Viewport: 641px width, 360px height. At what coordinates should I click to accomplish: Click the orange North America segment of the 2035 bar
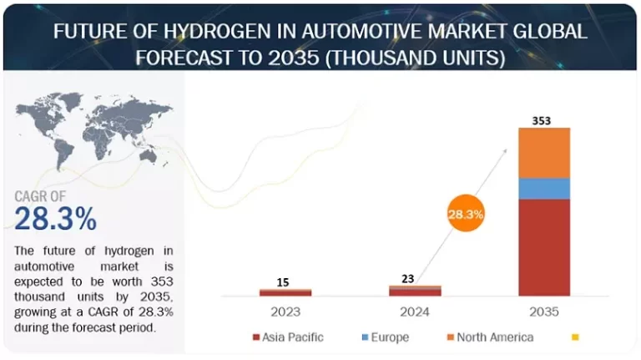(544, 153)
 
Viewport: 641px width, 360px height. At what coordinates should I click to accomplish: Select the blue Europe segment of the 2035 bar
(544, 189)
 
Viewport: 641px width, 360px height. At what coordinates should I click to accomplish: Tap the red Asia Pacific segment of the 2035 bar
(544, 247)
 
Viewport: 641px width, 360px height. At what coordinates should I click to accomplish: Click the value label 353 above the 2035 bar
(542, 120)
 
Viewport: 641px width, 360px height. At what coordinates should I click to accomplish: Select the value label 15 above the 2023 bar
(284, 282)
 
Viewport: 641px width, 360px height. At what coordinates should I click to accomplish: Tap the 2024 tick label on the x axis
(415, 312)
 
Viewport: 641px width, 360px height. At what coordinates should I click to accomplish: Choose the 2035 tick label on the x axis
(543, 312)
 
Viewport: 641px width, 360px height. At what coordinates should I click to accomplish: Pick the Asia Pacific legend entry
(288, 337)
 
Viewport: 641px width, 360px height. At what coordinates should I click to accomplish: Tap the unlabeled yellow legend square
(574, 337)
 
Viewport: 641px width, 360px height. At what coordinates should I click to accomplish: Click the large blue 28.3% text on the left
(56, 219)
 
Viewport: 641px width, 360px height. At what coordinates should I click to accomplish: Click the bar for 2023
(285, 292)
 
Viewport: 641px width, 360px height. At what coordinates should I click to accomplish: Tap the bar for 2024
(415, 291)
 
